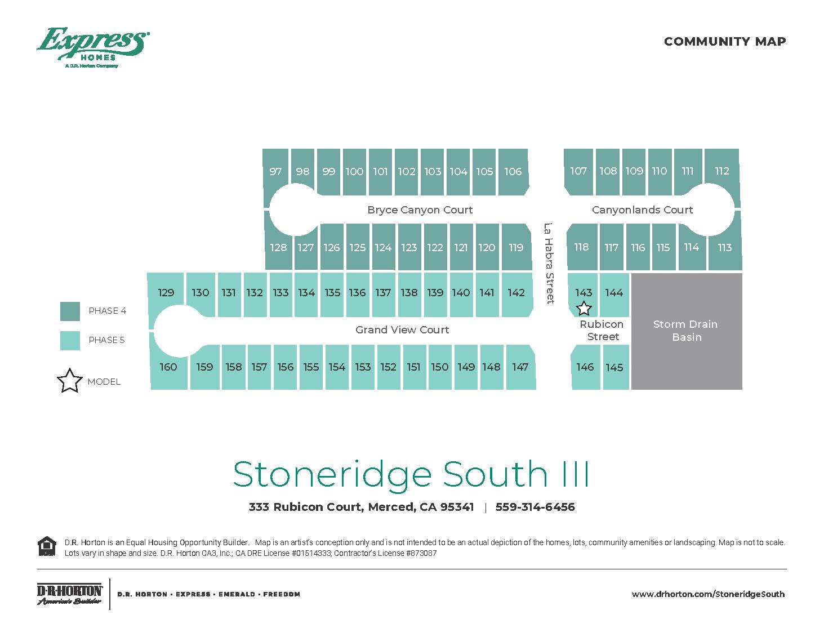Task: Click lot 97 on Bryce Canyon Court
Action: (275, 172)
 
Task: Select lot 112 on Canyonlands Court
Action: (721, 171)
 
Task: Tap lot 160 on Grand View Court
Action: (168, 367)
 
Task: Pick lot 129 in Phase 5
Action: (166, 293)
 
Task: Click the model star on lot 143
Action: (584, 309)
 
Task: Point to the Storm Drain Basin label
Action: (685, 331)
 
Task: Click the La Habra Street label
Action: (549, 263)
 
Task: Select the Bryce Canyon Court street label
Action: (420, 210)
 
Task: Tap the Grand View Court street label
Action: (402, 330)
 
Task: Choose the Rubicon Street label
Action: (602, 331)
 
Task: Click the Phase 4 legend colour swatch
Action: (70, 311)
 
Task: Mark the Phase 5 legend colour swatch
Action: (70, 340)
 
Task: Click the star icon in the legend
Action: (69, 381)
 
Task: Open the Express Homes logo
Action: (93, 47)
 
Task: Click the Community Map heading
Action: (724, 42)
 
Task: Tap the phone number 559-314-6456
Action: (535, 507)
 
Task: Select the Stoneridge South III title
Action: (411, 474)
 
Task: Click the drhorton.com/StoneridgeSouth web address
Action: (708, 594)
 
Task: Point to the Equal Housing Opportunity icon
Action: (47, 546)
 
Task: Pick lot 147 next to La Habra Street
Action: (520, 367)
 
